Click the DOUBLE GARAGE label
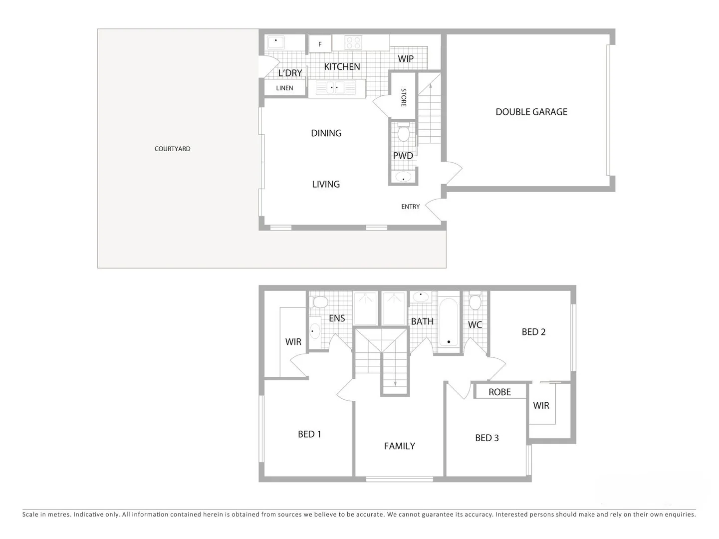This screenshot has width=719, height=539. pyautogui.click(x=531, y=112)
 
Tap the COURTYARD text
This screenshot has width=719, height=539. pyautogui.click(x=172, y=149)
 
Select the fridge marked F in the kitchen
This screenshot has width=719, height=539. pyautogui.click(x=320, y=44)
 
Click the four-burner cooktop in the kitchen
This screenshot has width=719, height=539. pyautogui.click(x=353, y=42)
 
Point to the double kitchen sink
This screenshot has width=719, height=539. pyautogui.click(x=334, y=88)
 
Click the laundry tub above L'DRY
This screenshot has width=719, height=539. pyautogui.click(x=275, y=42)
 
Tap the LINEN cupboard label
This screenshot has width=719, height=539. pyautogui.click(x=284, y=88)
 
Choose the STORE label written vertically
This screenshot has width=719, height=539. pyautogui.click(x=404, y=97)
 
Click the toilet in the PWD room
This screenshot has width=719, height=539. pyautogui.click(x=404, y=133)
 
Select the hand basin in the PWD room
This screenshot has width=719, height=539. pyautogui.click(x=403, y=177)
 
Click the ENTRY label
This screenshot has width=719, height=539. pyautogui.click(x=410, y=207)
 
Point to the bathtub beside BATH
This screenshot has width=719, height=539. pyautogui.click(x=449, y=322)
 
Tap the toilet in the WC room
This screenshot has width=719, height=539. pyautogui.click(x=475, y=302)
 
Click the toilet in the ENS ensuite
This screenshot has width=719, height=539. pyautogui.click(x=320, y=302)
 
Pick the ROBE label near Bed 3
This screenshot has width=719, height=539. pyautogui.click(x=499, y=392)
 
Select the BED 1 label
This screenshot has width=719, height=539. pyautogui.click(x=309, y=434)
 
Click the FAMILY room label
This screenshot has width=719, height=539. pyautogui.click(x=399, y=446)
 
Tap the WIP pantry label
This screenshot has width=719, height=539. pyautogui.click(x=406, y=59)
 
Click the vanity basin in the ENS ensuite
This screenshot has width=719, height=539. pyautogui.click(x=315, y=331)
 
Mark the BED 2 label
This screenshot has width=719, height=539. pyautogui.click(x=533, y=332)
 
